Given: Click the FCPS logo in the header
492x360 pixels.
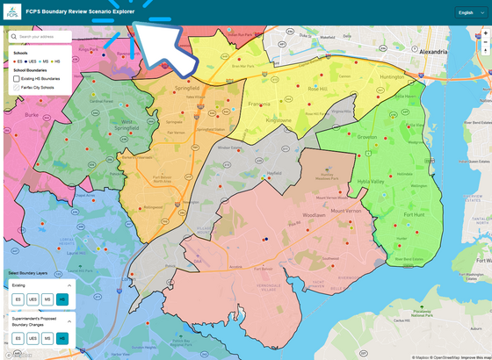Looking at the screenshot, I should (x=11, y=12).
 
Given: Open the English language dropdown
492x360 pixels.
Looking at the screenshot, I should (x=467, y=12).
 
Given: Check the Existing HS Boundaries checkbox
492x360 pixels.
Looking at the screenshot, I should (x=17, y=79).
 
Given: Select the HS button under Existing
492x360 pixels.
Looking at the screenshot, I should (x=61, y=300).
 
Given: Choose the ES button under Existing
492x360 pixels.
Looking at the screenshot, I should (x=17, y=300).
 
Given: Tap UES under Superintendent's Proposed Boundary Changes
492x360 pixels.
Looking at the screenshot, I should (x=32, y=338).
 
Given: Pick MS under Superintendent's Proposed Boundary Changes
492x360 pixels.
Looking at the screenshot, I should (x=47, y=338).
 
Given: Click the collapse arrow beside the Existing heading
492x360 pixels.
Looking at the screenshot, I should (x=70, y=285).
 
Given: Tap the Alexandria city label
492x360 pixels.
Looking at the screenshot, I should (x=440, y=52).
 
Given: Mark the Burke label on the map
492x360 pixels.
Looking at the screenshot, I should (x=33, y=113).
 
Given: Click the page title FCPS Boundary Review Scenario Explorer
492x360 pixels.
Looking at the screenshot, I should (x=80, y=12).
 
